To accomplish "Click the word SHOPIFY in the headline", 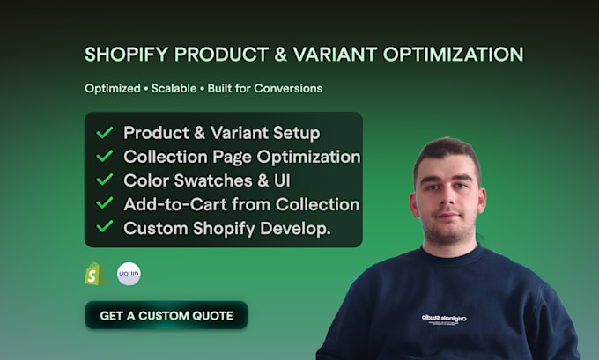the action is click(127, 55).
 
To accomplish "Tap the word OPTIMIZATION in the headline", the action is click(453, 55).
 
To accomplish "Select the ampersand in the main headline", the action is click(280, 55).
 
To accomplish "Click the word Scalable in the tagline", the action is click(174, 89).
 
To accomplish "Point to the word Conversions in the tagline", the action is click(288, 89).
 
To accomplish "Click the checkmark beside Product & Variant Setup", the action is click(104, 133).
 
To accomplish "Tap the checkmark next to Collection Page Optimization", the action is click(104, 156).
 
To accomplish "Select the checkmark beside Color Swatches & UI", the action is click(104, 180).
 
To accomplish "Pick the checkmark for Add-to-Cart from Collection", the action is click(104, 203).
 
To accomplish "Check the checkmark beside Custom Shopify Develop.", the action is click(104, 227).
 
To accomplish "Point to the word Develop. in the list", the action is click(295, 228).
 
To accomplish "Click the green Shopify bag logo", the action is click(95, 274).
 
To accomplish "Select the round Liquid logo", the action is click(129, 274).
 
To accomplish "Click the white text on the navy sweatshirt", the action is click(444, 319).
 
